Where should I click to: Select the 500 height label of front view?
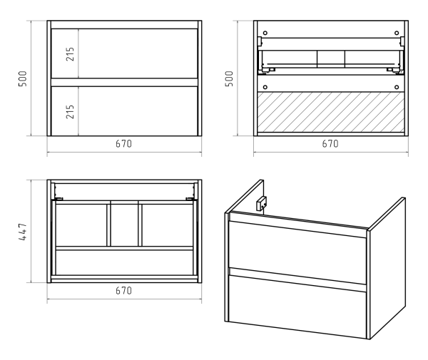[x=24, y=78]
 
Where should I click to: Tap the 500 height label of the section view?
[x=230, y=78]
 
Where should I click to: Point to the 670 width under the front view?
[x=123, y=144]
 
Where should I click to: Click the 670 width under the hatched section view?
[x=330, y=144]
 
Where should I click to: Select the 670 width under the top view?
[x=123, y=292]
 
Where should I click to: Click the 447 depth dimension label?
[x=24, y=232]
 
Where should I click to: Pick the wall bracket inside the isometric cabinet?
[x=262, y=204]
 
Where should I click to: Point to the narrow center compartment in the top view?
[x=124, y=225]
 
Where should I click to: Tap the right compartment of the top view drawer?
[x=167, y=225]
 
